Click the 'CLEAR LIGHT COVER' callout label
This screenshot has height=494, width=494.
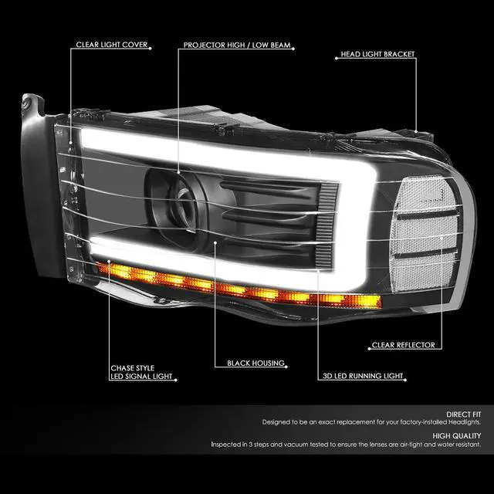[111, 46]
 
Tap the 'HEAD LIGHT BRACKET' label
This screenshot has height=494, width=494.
[377, 56]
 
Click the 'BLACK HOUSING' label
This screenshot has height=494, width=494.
[256, 363]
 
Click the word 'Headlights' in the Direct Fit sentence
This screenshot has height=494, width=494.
[460, 423]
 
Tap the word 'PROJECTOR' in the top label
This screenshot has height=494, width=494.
[205, 46]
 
